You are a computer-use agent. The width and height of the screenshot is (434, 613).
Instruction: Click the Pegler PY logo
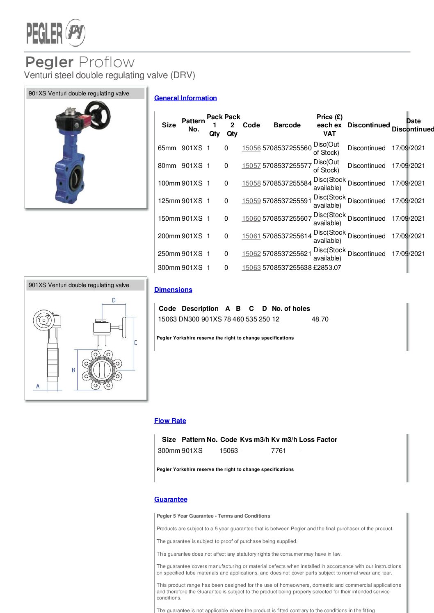pyautogui.click(x=56, y=33)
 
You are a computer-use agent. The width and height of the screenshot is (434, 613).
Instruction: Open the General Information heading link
pyautogui.click(x=185, y=98)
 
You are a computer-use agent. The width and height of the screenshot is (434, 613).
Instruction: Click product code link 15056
pyautogui.click(x=251, y=148)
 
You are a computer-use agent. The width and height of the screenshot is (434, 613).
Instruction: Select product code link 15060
pyautogui.click(x=251, y=218)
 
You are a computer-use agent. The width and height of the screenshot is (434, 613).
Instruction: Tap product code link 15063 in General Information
pyautogui.click(x=251, y=267)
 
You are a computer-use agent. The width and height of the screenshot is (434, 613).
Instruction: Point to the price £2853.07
pyautogui.click(x=327, y=267)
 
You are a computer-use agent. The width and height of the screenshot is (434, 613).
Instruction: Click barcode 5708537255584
pyautogui.click(x=287, y=183)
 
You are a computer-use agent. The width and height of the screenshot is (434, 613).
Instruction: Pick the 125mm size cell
pyautogui.click(x=169, y=201)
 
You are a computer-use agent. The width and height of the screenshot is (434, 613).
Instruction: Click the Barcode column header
pyautogui.click(x=287, y=125)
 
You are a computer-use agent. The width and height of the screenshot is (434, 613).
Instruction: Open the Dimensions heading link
pyautogui.click(x=173, y=290)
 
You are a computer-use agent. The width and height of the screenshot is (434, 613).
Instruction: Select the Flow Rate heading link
pyautogui.click(x=170, y=421)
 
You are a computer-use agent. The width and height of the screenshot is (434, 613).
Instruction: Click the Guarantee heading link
pyautogui.click(x=171, y=499)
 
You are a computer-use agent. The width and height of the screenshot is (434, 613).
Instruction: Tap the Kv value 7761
pyautogui.click(x=278, y=450)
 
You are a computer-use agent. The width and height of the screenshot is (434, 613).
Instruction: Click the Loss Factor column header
pyautogui.click(x=318, y=439)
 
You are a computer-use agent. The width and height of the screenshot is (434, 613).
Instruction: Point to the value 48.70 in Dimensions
pyautogui.click(x=320, y=319)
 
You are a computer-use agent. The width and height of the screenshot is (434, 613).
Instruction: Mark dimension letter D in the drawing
pyautogui.click(x=114, y=300)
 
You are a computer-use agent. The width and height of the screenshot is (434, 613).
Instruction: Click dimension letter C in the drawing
pyautogui.click(x=135, y=342)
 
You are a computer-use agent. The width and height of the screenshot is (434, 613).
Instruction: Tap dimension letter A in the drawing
pyautogui.click(x=38, y=386)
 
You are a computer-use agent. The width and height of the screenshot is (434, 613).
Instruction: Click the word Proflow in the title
pyautogui.click(x=107, y=62)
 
